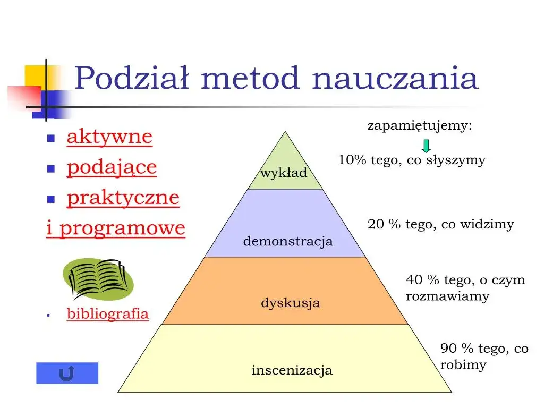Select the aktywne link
(109, 137)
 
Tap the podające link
(112, 167)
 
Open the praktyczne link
(123, 198)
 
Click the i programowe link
(116, 228)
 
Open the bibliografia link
(108, 313)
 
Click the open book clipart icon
(98, 278)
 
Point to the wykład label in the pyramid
(284, 173)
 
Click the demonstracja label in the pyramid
(288, 242)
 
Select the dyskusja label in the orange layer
(291, 303)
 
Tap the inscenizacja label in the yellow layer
(292, 370)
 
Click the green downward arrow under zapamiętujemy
(426, 146)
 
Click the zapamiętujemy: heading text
(420, 126)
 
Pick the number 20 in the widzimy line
(376, 225)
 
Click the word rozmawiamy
(447, 296)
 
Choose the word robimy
(463, 365)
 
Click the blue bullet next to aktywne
(52, 138)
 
